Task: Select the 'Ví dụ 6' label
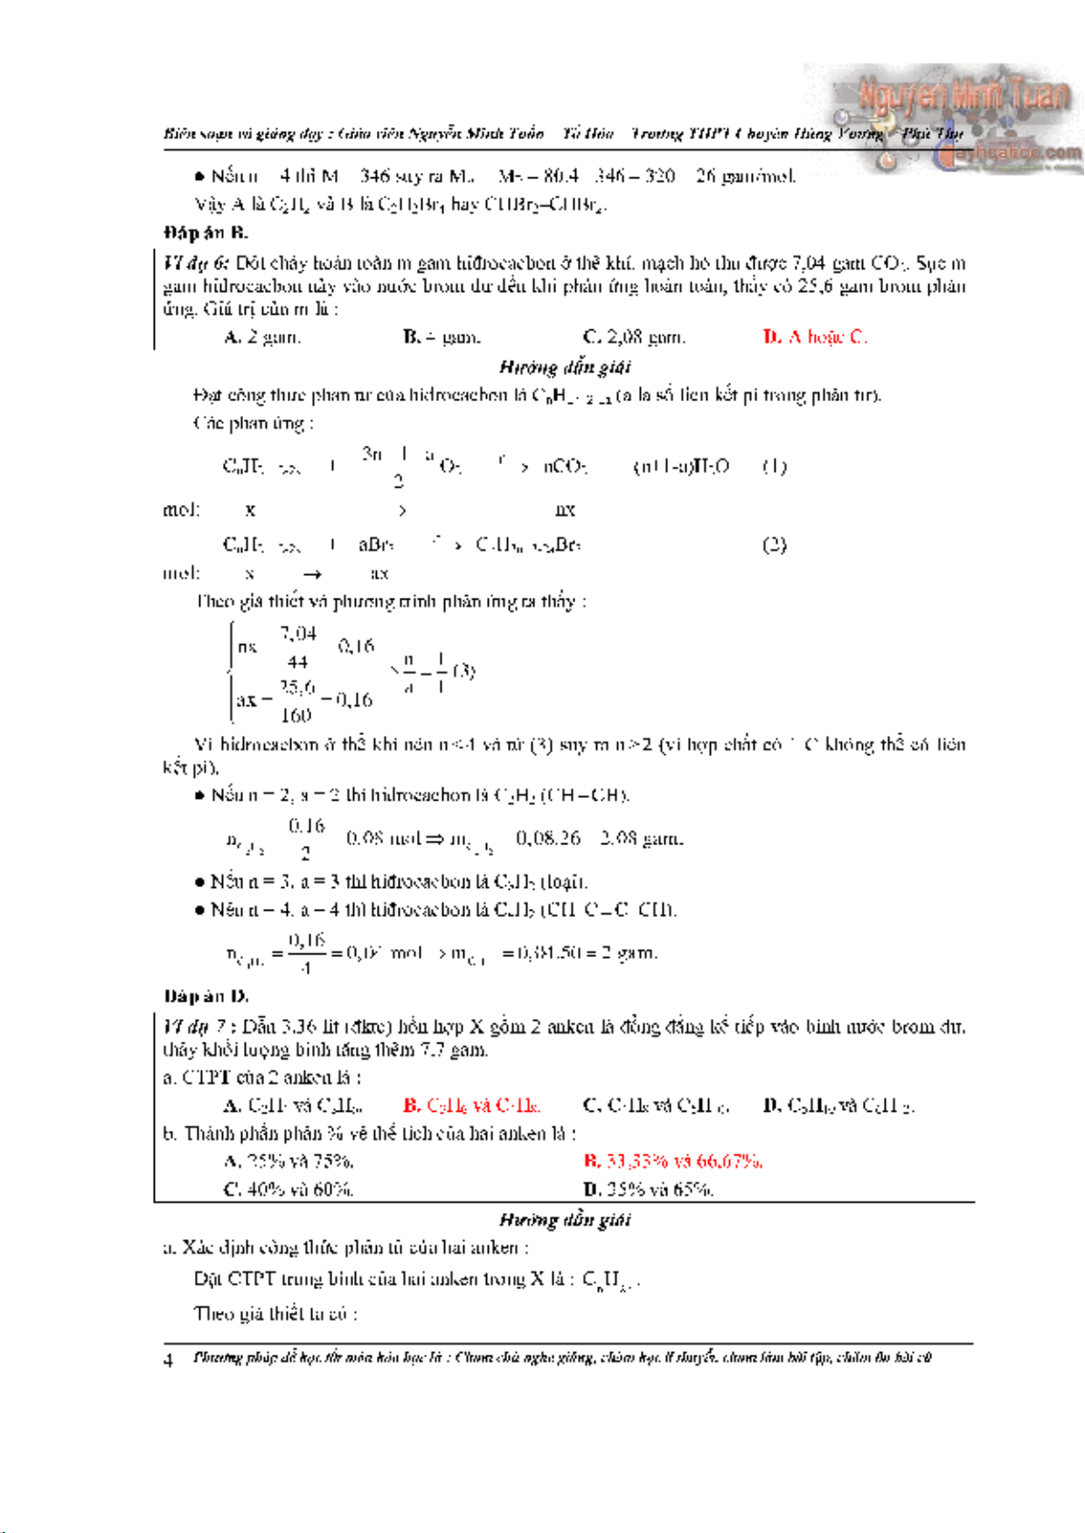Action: [x=196, y=264]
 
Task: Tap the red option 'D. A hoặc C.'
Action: [x=815, y=338]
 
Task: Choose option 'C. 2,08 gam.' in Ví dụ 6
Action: [x=634, y=338]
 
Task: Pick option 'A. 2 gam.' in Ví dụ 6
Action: [x=262, y=338]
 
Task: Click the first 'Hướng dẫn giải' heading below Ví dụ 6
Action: [x=564, y=367]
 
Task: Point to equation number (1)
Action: [x=774, y=467]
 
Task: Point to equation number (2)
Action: [x=774, y=545]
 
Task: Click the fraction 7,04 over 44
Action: [x=298, y=647]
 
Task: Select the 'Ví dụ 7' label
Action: [x=196, y=1027]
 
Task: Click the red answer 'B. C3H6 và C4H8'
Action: [x=472, y=1106]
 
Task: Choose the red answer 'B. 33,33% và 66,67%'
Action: [x=673, y=1162]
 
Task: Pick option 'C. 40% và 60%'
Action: [x=289, y=1189]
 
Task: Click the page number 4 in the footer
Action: [x=168, y=1361]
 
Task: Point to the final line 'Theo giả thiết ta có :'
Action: [x=275, y=1314]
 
